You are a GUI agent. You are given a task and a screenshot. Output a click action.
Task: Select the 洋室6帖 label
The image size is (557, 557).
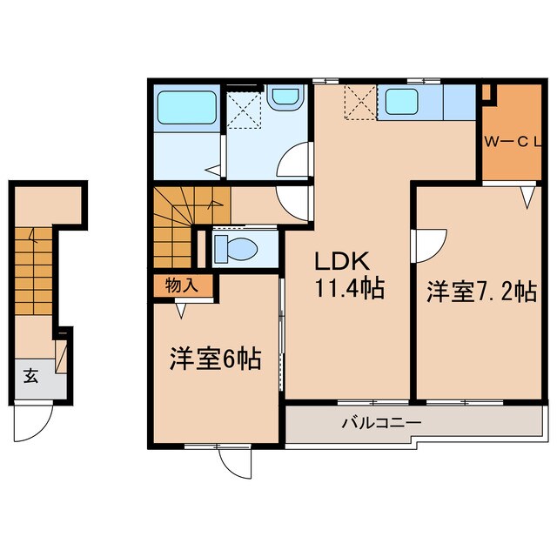pyautogui.click(x=215, y=359)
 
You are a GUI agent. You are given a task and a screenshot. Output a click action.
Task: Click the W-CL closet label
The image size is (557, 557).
pyautogui.click(x=513, y=142)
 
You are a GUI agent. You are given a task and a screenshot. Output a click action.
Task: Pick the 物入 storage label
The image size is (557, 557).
pyautogui.click(x=182, y=284)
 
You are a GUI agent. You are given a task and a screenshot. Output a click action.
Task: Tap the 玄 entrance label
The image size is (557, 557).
pyautogui.click(x=30, y=376)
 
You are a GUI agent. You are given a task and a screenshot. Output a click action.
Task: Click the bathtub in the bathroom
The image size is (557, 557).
pyautogui.click(x=186, y=111)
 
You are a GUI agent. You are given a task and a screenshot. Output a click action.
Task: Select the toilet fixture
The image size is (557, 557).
pyautogui.click(x=235, y=248)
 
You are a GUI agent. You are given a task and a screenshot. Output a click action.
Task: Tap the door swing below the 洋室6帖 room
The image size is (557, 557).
pyautogui.click(x=233, y=462)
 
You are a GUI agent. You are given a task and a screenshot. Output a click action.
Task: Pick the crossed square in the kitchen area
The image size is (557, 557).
pyautogui.click(x=359, y=104)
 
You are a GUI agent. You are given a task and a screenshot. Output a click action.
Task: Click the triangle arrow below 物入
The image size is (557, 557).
pyautogui.click(x=182, y=306)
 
